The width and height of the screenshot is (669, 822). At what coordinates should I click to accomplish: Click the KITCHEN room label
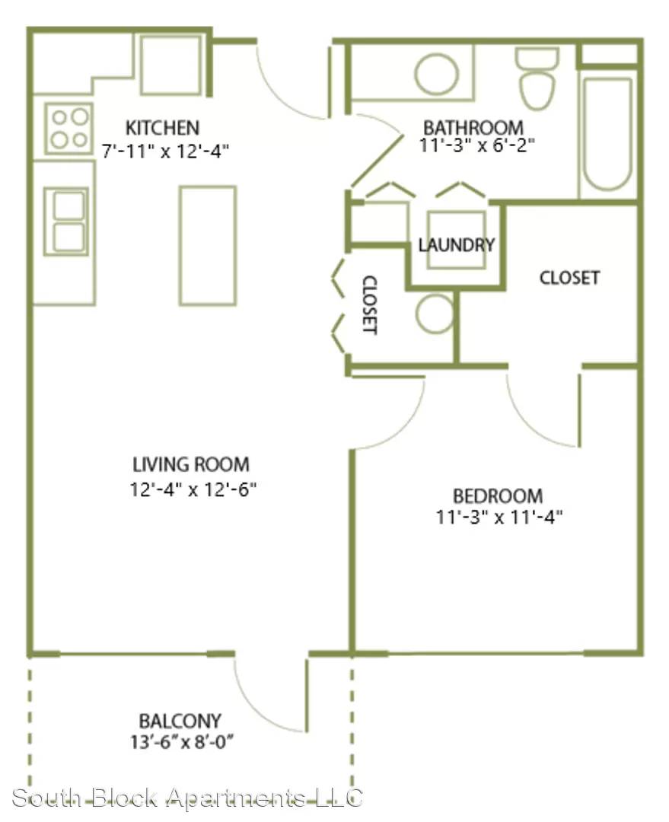point(163,127)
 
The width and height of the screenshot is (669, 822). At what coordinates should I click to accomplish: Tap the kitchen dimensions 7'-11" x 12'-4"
point(165,151)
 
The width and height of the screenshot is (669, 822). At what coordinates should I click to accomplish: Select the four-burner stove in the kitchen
point(68,129)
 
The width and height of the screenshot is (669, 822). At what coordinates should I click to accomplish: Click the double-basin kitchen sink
point(66,221)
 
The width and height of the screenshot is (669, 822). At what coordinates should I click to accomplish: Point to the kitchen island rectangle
point(208,245)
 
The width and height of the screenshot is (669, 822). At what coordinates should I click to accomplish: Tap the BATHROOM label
point(473,127)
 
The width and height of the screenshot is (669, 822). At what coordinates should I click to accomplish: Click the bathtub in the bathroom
point(607,135)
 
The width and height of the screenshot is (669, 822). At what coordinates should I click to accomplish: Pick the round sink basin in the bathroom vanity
point(436,72)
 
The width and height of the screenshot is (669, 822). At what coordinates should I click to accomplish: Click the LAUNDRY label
point(457,244)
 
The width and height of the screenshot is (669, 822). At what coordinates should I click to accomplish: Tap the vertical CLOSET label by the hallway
point(370,304)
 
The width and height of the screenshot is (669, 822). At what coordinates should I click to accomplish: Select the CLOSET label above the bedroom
point(569,277)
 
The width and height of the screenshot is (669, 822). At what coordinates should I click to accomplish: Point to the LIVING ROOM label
point(191,464)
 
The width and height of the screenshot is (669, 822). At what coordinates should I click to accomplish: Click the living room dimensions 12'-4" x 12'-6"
point(193,489)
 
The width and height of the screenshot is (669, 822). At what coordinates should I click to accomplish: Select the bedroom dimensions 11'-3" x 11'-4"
point(499,518)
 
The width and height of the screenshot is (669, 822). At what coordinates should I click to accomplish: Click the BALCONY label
point(180,721)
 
